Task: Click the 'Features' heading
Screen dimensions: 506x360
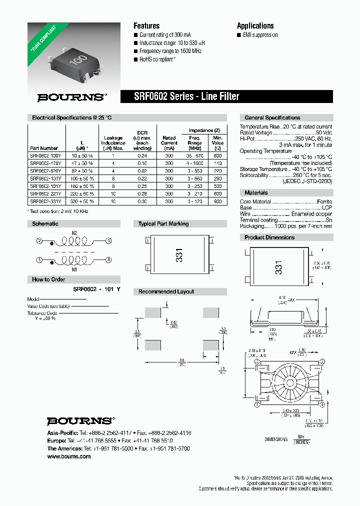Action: tap(146, 25)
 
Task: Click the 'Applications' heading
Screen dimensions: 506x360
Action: tap(255, 25)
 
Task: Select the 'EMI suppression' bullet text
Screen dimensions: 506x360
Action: tap(258, 35)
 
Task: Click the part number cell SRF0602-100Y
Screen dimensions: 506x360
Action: tap(44, 156)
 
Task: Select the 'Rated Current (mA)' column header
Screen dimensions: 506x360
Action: tap(169, 142)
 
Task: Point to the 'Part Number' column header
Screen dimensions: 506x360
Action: tap(44, 148)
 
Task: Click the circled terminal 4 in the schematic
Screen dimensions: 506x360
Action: tap(108, 259)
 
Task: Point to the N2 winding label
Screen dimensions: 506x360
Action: tap(74, 233)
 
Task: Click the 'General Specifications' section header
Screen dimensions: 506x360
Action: tap(272, 117)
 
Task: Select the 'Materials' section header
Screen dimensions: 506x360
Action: tap(256, 192)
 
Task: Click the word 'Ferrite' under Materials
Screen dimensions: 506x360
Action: tap(324, 201)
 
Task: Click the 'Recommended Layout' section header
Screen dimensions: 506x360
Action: tap(166, 291)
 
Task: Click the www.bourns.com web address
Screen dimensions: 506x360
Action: tap(69, 456)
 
